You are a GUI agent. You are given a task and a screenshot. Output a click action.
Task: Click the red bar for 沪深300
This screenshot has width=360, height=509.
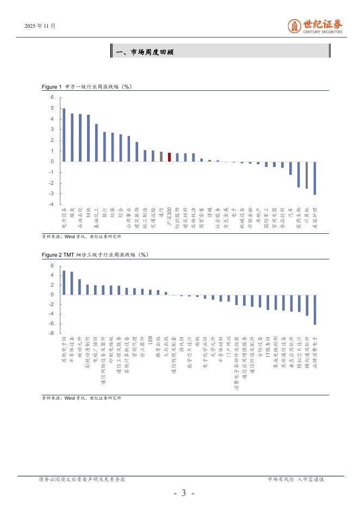point(170,157)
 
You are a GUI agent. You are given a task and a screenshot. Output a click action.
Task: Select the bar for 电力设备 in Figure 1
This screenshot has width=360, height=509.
point(64,135)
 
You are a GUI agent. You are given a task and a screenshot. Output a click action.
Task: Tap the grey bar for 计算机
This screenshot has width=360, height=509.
point(307,175)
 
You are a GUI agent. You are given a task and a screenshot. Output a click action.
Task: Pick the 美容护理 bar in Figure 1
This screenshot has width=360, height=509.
point(315,178)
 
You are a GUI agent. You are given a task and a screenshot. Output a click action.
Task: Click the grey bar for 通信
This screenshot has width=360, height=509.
point(162,157)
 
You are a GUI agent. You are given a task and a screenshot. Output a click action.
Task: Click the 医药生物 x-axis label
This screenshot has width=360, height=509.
point(299,218)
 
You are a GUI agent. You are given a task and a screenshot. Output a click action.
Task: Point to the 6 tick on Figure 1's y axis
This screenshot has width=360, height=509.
point(52,97)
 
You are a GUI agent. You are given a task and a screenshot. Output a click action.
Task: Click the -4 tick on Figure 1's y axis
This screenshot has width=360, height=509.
point(52,204)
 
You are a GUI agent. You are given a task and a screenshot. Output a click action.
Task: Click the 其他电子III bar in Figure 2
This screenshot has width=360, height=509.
point(64,283)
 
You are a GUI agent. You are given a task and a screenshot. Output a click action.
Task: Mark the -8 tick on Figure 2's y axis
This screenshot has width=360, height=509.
point(52,333)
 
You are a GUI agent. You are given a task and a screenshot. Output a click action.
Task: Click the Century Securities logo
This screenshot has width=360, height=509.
point(315,26)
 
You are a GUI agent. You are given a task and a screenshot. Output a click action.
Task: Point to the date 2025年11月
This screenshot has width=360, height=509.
point(40,26)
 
